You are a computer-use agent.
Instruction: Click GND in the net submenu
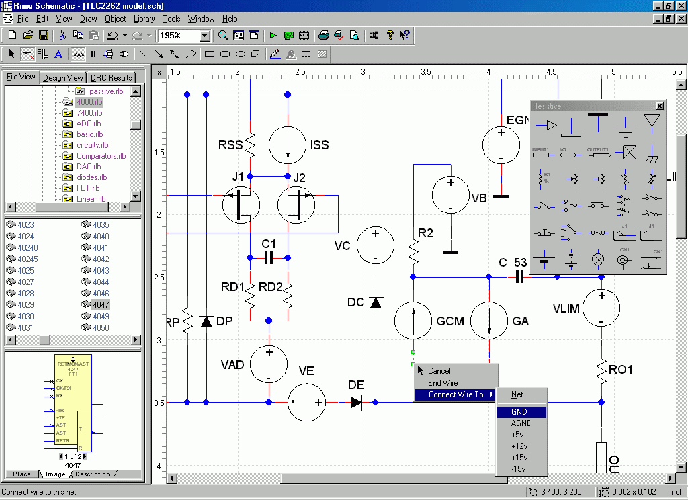coord(519,412)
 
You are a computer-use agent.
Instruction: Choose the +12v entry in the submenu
coord(519,446)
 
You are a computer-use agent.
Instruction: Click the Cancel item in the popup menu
coord(439,371)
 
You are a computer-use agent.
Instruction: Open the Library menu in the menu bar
coord(144,19)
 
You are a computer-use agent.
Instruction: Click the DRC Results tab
coord(112,77)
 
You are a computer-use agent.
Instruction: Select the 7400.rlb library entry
coord(89,113)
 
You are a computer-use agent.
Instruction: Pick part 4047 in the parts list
coord(101,304)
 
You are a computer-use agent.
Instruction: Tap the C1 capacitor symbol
coord(269,257)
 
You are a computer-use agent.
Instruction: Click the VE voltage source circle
coord(306,403)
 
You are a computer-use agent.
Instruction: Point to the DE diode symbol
coord(357,403)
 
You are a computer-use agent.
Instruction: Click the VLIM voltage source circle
coord(601,308)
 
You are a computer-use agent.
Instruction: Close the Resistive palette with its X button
coord(659,106)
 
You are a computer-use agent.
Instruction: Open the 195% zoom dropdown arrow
coord(205,36)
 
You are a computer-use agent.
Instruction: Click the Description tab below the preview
coord(93,474)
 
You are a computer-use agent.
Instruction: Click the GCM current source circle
coord(413,320)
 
